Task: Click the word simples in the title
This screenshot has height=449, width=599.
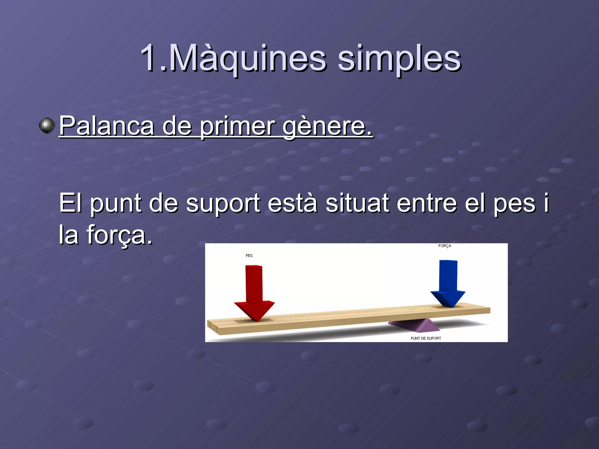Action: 399,60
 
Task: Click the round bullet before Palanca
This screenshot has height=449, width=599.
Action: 47,125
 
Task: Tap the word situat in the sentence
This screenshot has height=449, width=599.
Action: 357,203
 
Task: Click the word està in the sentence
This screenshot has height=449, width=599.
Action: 292,203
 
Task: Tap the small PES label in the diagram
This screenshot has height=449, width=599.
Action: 249,255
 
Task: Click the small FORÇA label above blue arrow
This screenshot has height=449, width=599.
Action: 445,246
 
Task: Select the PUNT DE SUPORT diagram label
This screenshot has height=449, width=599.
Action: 426,338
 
